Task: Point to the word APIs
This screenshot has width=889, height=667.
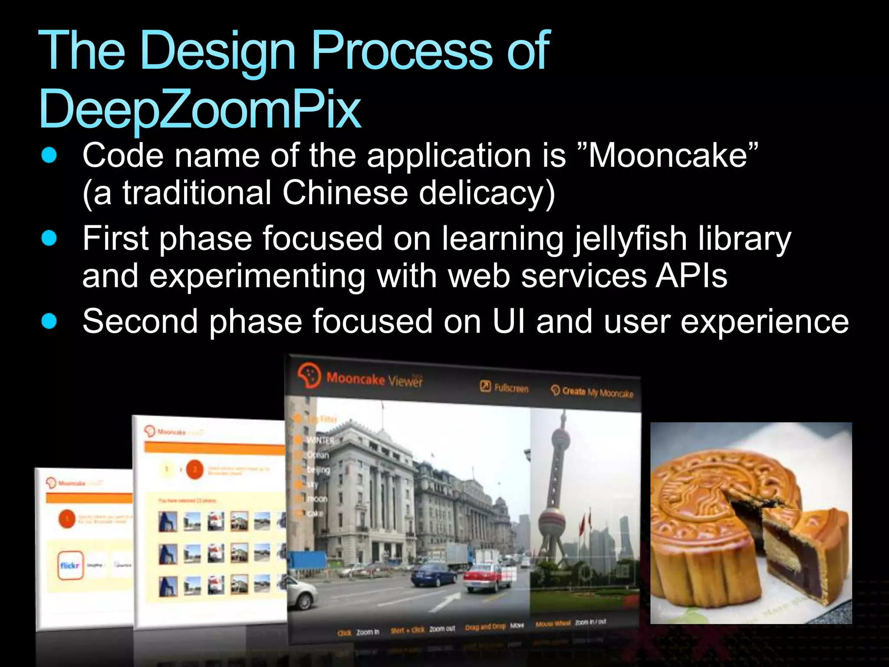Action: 691,276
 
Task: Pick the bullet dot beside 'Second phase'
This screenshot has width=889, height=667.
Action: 49,321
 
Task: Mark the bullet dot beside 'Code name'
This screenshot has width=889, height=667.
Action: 49,155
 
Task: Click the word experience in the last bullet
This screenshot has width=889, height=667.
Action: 764,321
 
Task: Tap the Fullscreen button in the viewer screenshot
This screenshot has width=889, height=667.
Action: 504,387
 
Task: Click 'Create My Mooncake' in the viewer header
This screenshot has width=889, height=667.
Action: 593,392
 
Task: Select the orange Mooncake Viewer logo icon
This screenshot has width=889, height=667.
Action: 309,376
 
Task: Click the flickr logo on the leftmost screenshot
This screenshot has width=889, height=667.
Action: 70,565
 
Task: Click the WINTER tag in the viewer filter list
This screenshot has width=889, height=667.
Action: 320,440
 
